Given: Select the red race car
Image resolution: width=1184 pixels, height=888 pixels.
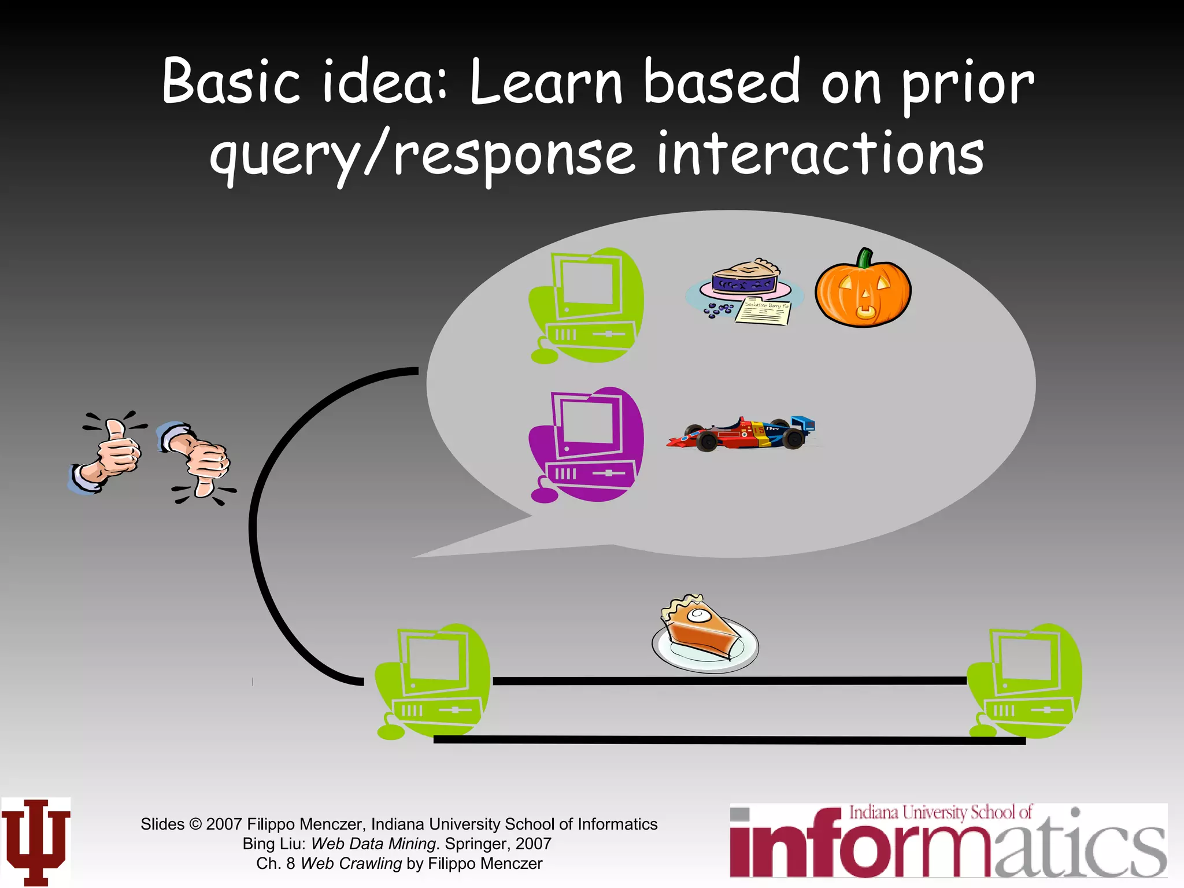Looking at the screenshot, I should (740, 434).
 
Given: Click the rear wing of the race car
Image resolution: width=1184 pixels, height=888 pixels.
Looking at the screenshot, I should (804, 424).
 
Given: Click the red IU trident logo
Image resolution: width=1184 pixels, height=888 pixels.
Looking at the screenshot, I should (36, 841).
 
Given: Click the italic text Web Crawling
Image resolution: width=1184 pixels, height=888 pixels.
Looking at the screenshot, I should (351, 863).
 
